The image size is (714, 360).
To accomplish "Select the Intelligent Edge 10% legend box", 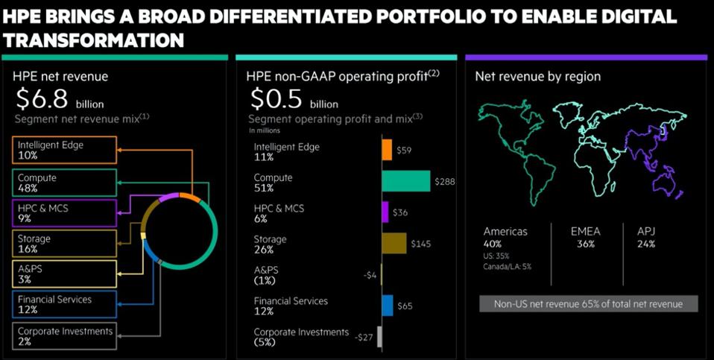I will [x=64, y=150].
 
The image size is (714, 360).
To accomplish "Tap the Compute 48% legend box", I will [x=64, y=183].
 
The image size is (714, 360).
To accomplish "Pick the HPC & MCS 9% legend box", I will [x=64, y=213].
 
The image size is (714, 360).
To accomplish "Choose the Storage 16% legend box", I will [x=64, y=243].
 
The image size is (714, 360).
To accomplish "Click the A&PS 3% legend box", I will [x=64, y=274].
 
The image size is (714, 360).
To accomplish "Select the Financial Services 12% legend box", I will [x=64, y=304].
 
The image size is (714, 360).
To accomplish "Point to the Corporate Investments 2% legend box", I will [x=64, y=335].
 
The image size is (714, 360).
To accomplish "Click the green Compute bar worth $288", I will [x=405, y=181].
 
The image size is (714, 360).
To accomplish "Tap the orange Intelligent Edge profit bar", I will [x=387, y=150].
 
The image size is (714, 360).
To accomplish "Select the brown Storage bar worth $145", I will [x=394, y=243].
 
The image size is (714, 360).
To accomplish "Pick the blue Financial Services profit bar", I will [x=388, y=305].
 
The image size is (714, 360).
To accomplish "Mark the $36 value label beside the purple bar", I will [x=401, y=212].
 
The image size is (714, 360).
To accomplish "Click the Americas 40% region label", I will [x=505, y=237].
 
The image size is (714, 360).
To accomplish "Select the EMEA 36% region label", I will [x=584, y=237].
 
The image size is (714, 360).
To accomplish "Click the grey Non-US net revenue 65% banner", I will [x=588, y=303].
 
